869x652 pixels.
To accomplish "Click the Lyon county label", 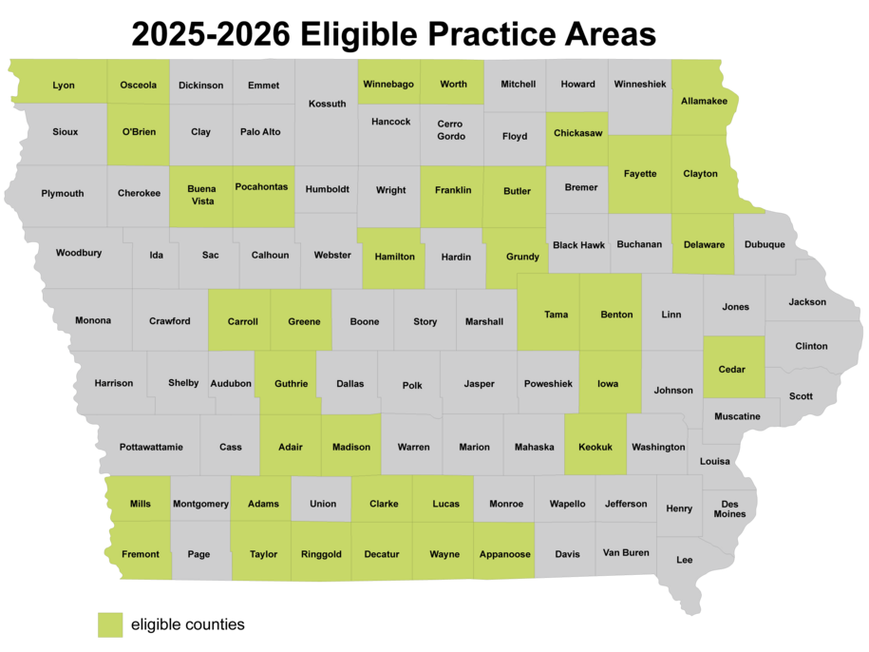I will click(64, 86).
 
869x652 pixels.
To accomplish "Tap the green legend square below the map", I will click(111, 623).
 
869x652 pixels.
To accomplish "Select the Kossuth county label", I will click(328, 104).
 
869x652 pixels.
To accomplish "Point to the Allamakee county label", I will click(704, 101).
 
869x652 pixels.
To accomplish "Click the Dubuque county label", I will click(765, 244).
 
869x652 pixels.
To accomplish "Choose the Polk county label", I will click(412, 385).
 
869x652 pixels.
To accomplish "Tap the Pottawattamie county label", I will click(151, 447).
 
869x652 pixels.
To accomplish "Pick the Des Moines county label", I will click(732, 508).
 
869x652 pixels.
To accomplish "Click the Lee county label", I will click(685, 560).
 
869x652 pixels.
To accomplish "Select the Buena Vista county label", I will click(201, 194).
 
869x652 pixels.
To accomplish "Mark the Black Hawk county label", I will click(579, 244).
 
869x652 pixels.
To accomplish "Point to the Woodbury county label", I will click(79, 253).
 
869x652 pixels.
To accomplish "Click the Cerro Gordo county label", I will click(450, 130).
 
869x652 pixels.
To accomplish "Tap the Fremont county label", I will click(141, 554).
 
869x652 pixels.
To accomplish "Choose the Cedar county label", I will click(732, 370).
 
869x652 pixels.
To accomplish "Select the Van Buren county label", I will click(626, 552).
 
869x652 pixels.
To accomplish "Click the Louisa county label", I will click(715, 461).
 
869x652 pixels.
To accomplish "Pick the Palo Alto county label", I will click(260, 132).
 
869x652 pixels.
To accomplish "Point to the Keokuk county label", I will click(595, 447).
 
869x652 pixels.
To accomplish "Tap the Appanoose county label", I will click(505, 554).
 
